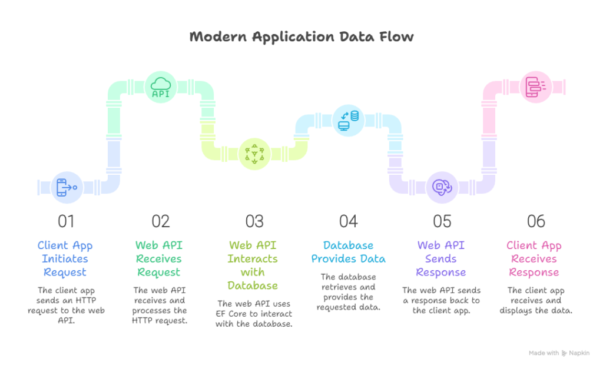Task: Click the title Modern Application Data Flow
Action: tap(301, 37)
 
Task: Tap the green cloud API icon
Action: tap(161, 87)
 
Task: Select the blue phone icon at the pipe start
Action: tap(67, 187)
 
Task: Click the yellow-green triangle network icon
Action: tap(255, 154)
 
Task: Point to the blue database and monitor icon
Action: tap(349, 120)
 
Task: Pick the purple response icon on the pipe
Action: tap(442, 187)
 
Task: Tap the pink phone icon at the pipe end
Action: tap(536, 87)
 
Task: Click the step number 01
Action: tap(66, 222)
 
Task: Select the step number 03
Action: tap(254, 222)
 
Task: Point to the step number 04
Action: tap(349, 222)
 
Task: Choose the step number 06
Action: tap(536, 222)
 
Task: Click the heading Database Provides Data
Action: tap(349, 252)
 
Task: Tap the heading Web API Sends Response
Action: tap(441, 259)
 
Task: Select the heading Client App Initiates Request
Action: tap(65, 259)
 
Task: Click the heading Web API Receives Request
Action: tap(159, 259)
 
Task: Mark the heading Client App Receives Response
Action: tap(534, 259)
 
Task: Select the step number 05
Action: tap(442, 222)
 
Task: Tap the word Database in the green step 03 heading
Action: tap(253, 285)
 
